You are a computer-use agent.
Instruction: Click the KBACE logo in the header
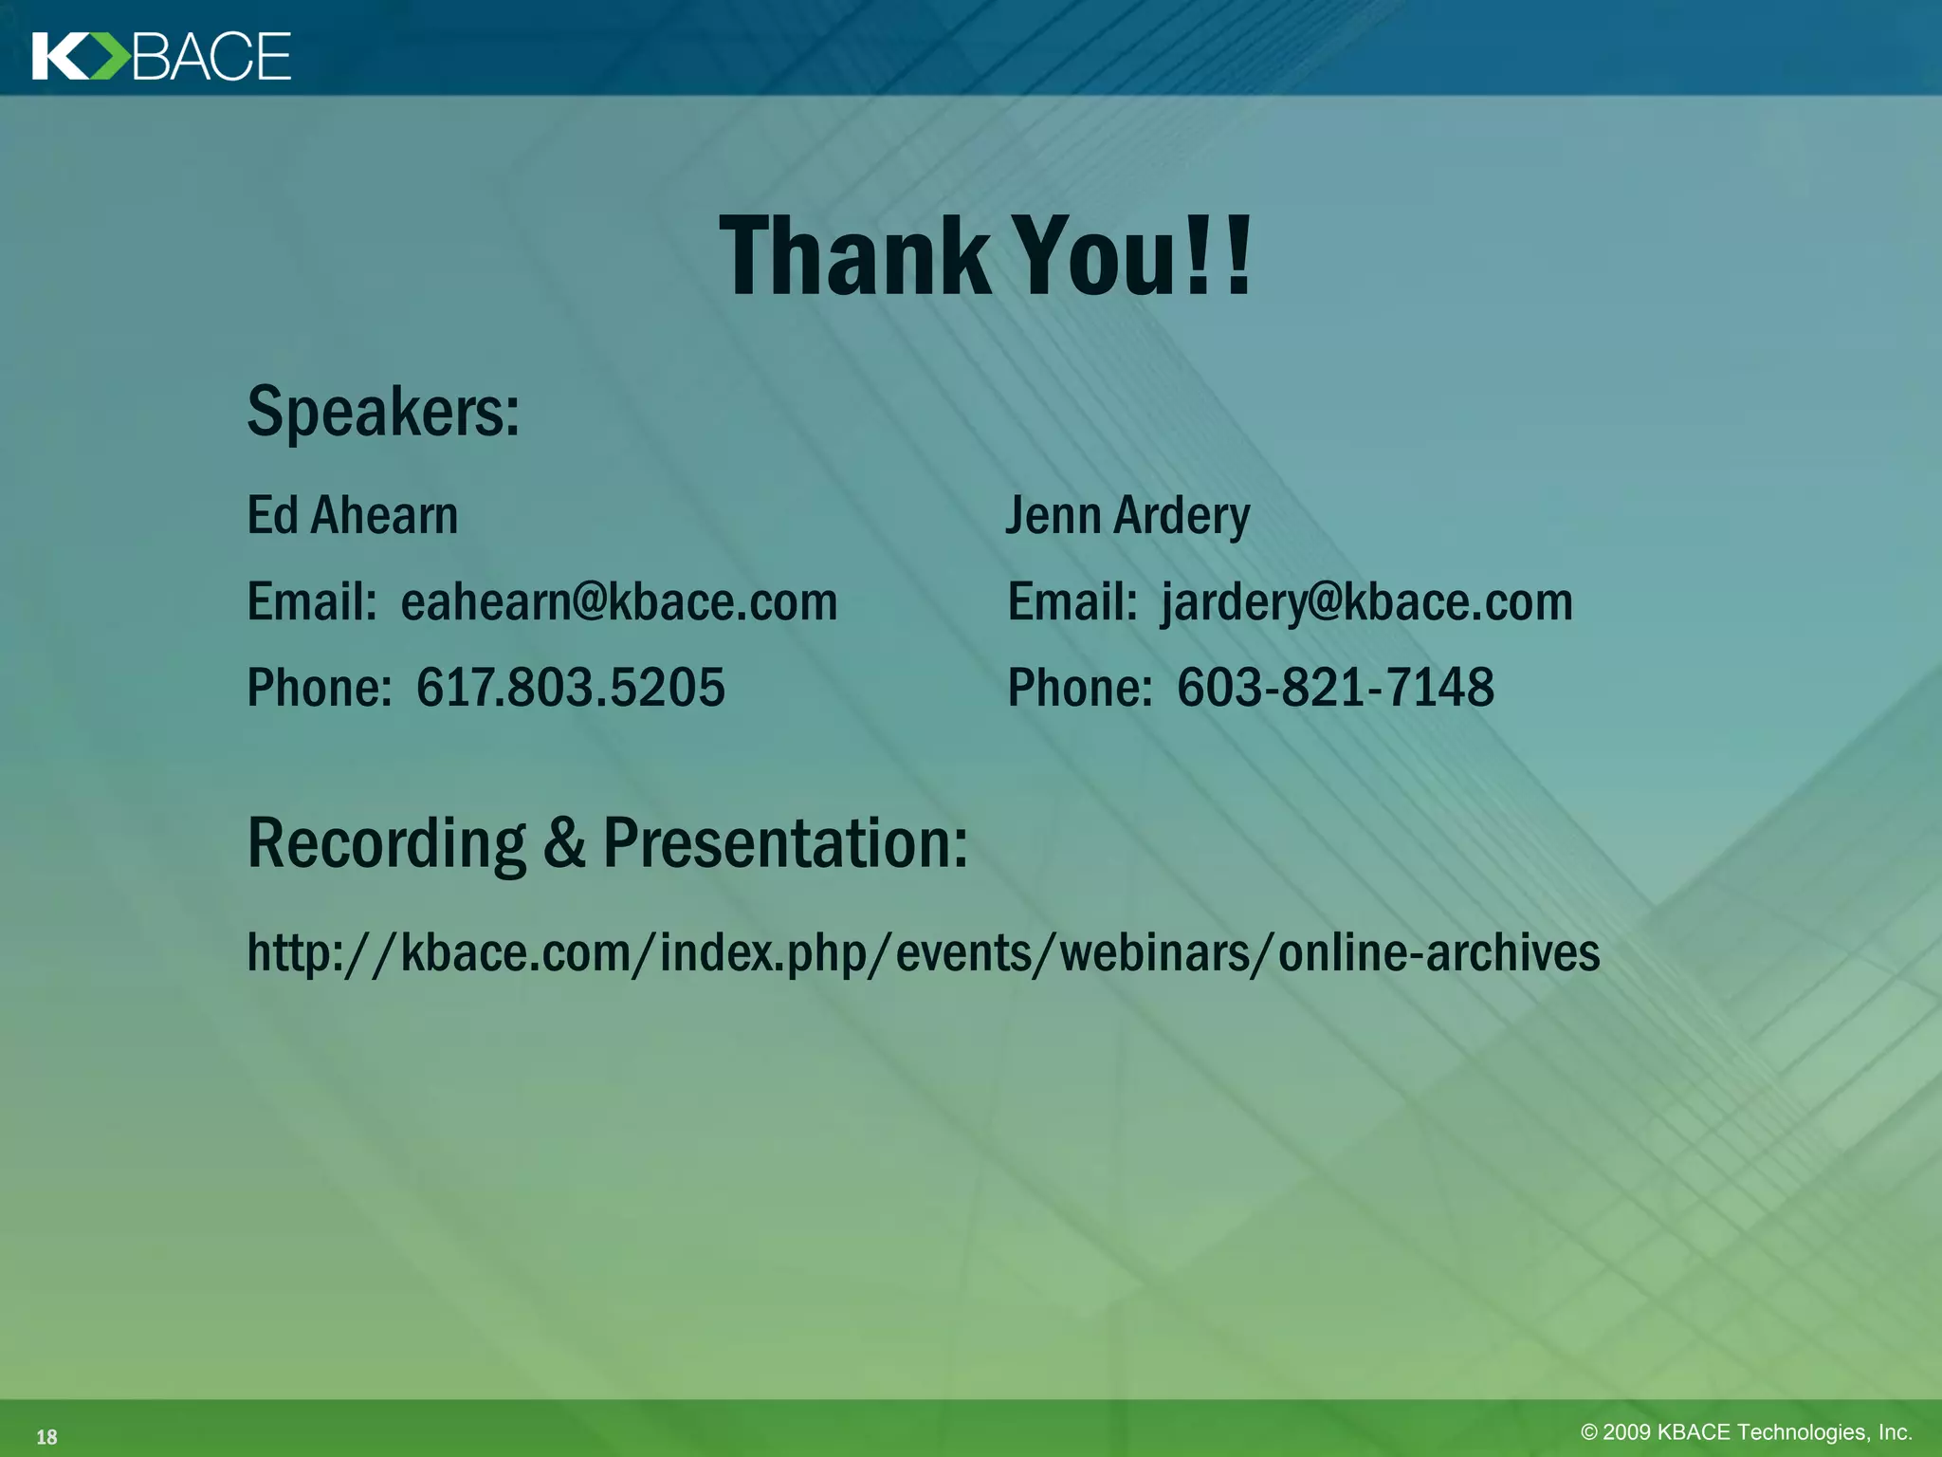tap(161, 56)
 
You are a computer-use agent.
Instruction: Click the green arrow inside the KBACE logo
tap(111, 56)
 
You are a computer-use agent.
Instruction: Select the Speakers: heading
tap(383, 413)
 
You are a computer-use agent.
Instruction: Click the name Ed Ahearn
tap(352, 516)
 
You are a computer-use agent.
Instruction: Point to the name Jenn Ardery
tap(1127, 516)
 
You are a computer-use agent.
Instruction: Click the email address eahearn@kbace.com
tap(619, 602)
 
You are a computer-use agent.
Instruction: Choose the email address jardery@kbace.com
tap(1366, 602)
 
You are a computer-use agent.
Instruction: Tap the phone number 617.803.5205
tap(571, 688)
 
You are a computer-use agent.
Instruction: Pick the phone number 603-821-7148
tap(1335, 688)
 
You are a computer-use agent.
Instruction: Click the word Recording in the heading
tap(386, 843)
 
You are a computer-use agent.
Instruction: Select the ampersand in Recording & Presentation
tap(564, 843)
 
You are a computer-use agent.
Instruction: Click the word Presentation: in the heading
tap(785, 843)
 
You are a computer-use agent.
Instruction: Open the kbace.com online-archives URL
tap(923, 952)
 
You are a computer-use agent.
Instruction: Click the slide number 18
tap(46, 1437)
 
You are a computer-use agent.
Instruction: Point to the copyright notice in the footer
tap(1746, 1432)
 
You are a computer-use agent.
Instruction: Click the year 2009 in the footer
tap(1626, 1432)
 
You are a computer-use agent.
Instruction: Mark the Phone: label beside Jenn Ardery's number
tap(1079, 688)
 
